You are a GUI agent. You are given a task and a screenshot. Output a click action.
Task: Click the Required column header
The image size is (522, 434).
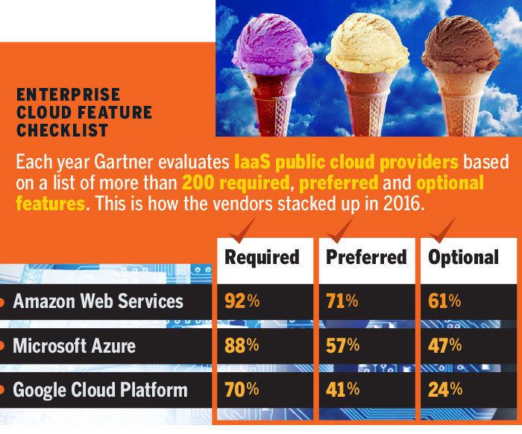[262, 257]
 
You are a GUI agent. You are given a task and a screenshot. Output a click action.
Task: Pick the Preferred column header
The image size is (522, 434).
[366, 257]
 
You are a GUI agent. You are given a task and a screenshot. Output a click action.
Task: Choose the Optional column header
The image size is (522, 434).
[463, 257]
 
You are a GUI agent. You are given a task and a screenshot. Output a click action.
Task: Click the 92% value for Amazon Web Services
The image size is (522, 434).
[241, 303]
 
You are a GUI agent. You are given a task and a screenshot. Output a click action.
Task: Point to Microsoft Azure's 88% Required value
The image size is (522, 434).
[241, 347]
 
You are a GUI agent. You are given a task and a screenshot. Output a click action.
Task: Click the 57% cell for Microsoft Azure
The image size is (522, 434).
[342, 347]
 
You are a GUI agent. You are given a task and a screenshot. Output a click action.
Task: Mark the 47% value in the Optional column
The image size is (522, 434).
[444, 347]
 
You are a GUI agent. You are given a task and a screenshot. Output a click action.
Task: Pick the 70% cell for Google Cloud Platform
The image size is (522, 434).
[241, 390]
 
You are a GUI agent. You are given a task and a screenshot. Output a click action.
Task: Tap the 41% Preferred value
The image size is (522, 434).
[341, 390]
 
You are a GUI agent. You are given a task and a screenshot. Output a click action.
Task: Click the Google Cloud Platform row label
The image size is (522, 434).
[100, 390]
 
